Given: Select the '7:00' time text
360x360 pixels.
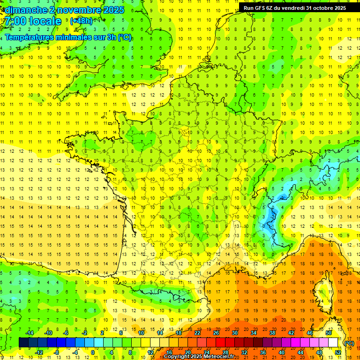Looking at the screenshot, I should point(15,21).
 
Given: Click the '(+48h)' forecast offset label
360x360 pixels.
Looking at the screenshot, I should point(81,21).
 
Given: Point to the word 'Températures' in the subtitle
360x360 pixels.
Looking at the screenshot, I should point(29,37).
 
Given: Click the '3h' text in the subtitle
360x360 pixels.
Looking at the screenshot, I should point(112,37).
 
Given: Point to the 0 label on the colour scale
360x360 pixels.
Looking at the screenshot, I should point(93,352).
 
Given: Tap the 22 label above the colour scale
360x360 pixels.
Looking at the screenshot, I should point(197,333).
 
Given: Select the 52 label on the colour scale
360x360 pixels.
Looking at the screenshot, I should point(338,352).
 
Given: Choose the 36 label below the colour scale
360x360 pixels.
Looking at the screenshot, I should point(263,352).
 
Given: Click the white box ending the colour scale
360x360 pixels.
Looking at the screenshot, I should point(333,343).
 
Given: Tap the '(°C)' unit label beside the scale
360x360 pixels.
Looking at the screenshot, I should point(349,343).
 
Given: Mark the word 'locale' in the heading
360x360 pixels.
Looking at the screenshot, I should point(45,21).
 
